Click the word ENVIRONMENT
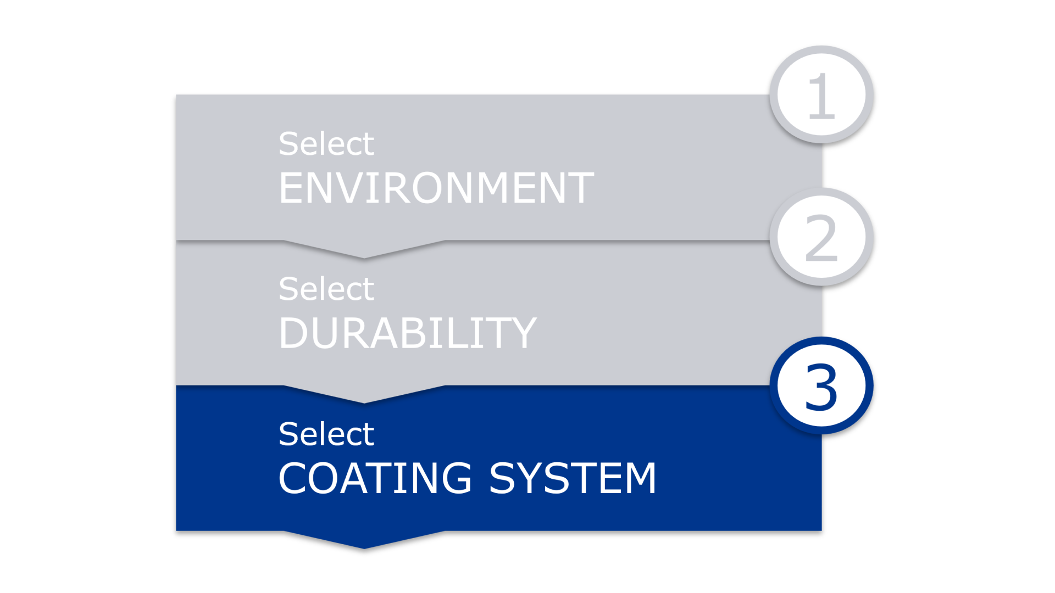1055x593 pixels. point(436,188)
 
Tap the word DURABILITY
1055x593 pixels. point(407,333)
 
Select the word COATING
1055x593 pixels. point(375,478)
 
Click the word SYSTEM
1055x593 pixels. point(573,478)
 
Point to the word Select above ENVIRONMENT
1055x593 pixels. point(326,144)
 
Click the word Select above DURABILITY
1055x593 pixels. point(326,289)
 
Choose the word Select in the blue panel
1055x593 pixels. point(326,434)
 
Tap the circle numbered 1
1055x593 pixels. point(821,95)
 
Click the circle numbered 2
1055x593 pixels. point(821,237)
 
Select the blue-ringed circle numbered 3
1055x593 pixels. point(821,386)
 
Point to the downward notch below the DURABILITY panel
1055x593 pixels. point(364,394)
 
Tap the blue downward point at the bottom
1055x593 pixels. point(364,539)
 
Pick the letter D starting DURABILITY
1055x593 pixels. point(294,333)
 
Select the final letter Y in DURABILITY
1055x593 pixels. point(522,333)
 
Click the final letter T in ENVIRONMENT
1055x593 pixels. point(580,188)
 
